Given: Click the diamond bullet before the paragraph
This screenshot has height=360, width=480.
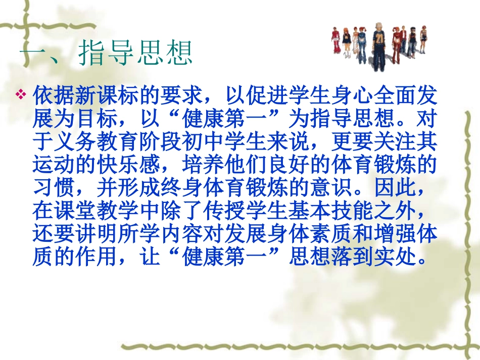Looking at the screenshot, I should tap(21, 94).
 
